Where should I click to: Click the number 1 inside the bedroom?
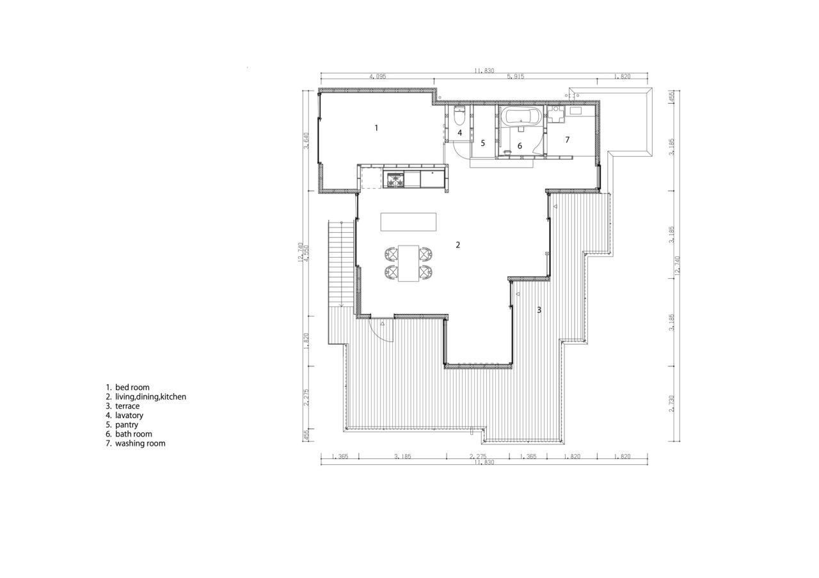[376, 128]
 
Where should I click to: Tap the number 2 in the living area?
[458, 245]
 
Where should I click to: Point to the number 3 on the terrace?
[539, 310]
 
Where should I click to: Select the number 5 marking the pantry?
[483, 143]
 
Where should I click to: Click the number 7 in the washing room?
[567, 139]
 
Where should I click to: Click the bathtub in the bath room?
[521, 117]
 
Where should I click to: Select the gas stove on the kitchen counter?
[393, 180]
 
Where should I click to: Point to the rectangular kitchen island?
[408, 222]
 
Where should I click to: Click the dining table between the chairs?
[408, 263]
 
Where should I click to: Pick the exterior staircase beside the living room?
[337, 281]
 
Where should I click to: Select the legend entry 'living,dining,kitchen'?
[150, 397]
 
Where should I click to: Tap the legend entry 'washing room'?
[139, 443]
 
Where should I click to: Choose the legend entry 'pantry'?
[126, 425]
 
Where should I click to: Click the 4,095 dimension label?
[377, 77]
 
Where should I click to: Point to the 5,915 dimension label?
[515, 77]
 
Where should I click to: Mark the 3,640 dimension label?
[307, 141]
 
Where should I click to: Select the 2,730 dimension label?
[671, 403]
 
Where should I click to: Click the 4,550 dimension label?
[307, 253]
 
